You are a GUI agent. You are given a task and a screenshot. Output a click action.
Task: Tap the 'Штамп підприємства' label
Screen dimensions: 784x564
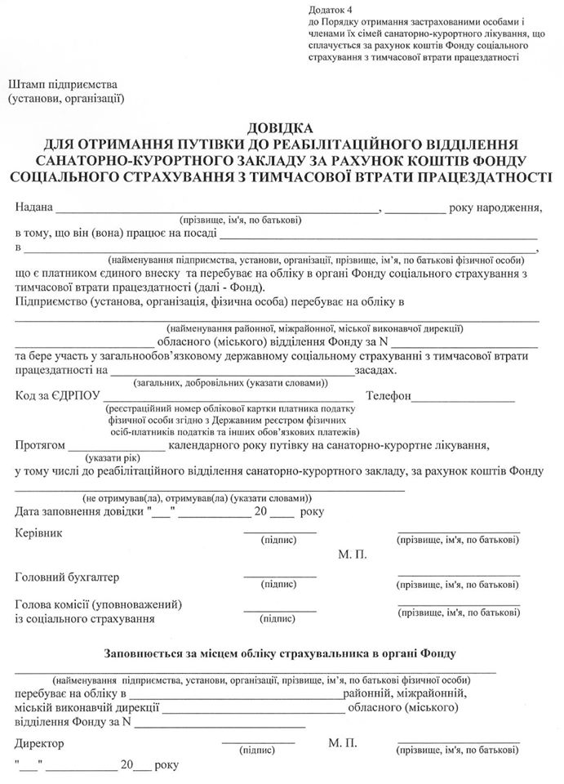tap(63, 85)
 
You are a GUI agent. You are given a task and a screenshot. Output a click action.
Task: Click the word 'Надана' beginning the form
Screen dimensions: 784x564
tap(33, 207)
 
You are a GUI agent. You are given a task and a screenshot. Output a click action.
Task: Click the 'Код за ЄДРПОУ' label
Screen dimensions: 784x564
tap(54, 397)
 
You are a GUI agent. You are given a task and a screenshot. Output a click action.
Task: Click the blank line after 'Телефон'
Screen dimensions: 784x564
tap(463, 401)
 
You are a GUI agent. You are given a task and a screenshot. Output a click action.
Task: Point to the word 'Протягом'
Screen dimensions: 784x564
tap(38, 446)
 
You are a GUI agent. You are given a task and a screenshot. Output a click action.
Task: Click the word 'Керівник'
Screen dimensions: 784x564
tap(38, 533)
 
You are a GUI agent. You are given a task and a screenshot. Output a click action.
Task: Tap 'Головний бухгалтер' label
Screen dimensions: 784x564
tap(67, 577)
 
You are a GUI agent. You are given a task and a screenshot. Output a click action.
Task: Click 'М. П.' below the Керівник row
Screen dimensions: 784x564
tap(352, 555)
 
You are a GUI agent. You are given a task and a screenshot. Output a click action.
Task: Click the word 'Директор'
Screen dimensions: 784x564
tap(39, 743)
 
